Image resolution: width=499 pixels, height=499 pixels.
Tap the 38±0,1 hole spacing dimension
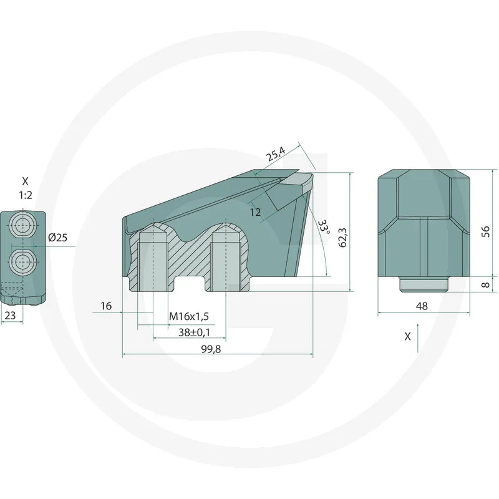point(194,333)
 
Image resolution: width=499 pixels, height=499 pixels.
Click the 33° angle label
point(322,227)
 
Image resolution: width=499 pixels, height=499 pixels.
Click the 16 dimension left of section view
point(105,306)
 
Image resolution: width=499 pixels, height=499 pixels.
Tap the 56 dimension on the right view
point(486,231)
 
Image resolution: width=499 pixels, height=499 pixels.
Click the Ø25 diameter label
point(57,238)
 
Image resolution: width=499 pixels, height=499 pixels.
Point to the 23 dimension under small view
point(10,316)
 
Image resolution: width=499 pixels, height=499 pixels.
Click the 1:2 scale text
point(25,195)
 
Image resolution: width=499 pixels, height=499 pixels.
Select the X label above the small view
point(25,182)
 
